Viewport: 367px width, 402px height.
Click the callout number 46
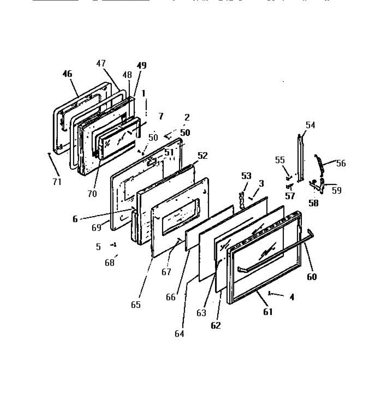67,74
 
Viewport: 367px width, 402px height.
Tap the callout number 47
101,63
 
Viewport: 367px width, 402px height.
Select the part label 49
142,65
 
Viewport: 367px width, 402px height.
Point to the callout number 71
57,182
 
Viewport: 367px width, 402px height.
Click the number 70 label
92,193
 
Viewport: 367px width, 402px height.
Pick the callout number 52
203,155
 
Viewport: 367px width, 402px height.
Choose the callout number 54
310,125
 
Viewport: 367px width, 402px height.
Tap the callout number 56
341,163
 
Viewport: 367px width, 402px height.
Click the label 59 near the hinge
337,190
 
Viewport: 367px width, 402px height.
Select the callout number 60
311,277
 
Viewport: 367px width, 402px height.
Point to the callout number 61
268,312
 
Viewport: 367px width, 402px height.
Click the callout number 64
179,334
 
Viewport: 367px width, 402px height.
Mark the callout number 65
136,305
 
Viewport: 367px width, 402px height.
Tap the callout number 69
96,228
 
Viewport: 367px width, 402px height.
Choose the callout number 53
246,176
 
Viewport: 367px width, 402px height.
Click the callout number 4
292,297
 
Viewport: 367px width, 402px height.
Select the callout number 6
75,219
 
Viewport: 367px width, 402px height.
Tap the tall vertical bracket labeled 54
300,157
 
